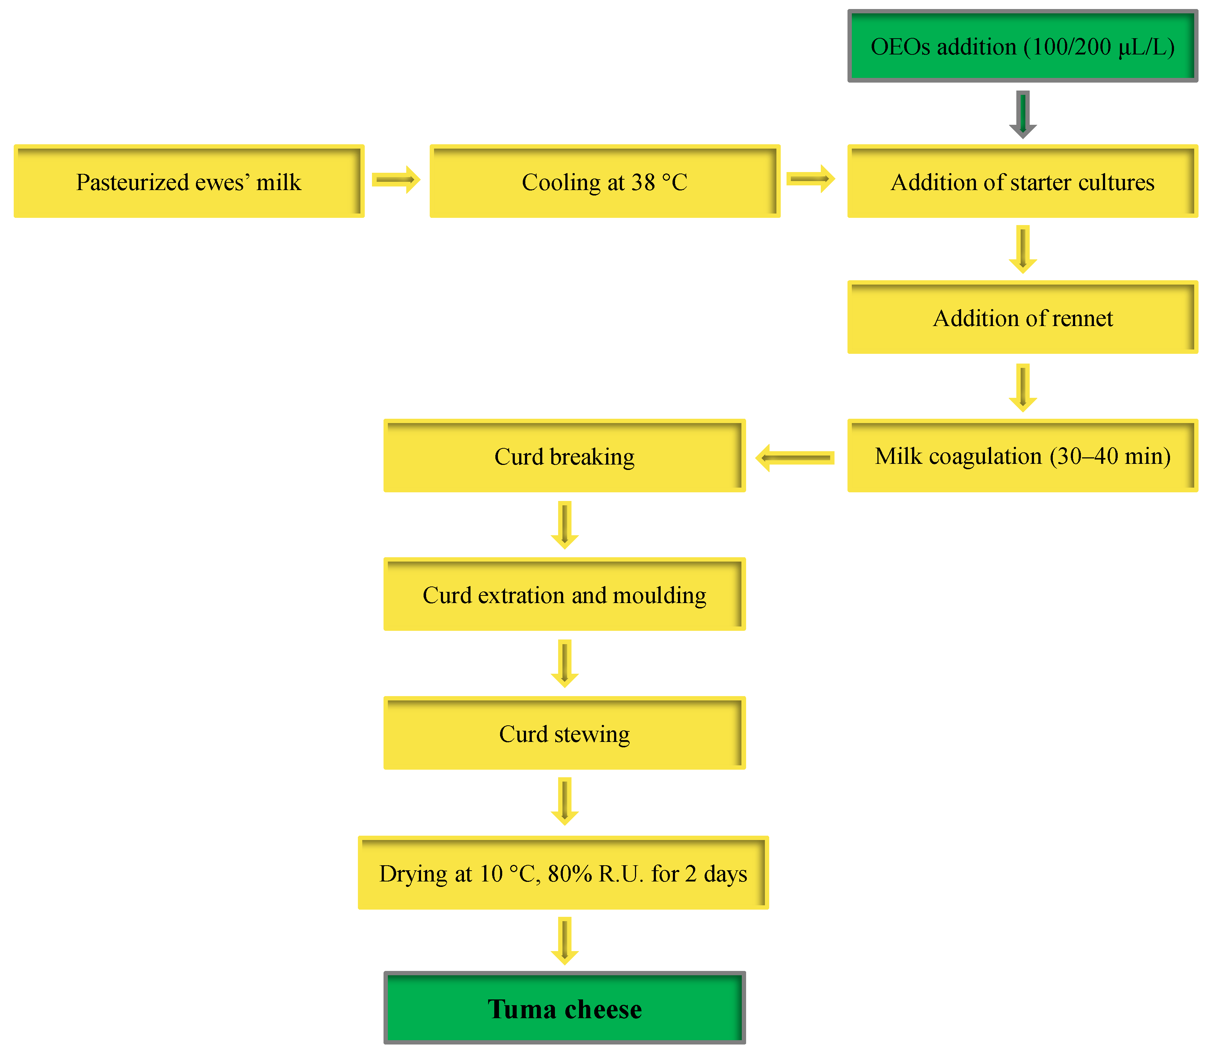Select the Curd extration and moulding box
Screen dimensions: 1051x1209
click(x=564, y=595)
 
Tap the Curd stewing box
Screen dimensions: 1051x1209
click(x=564, y=733)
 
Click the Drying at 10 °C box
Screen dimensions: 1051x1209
click(x=563, y=873)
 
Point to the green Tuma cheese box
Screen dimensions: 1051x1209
click(x=564, y=1009)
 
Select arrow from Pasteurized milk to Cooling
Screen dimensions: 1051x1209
click(x=396, y=180)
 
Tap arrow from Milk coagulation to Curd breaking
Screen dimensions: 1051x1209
click(x=795, y=457)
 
